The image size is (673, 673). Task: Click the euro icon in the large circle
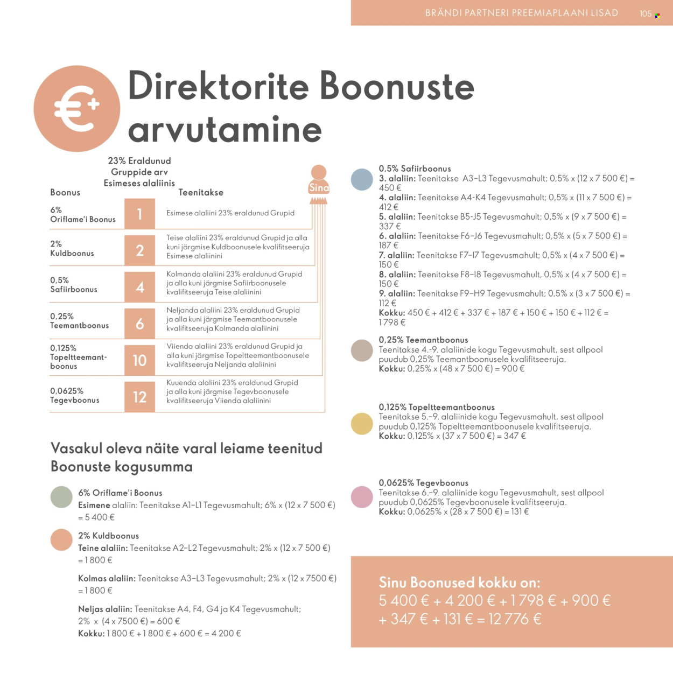(76, 109)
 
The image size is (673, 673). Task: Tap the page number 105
(646, 13)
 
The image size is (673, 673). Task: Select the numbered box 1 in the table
(139, 214)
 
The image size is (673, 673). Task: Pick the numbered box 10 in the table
(139, 360)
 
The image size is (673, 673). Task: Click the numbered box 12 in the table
(139, 397)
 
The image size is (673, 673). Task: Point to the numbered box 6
(139, 324)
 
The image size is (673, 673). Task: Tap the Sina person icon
(319, 180)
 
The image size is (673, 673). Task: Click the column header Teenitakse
(201, 192)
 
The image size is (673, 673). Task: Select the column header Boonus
(65, 192)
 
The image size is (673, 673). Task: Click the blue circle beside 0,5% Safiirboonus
(362, 179)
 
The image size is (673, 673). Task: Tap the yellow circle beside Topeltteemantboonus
(362, 424)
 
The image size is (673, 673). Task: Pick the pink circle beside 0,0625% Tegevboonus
(362, 497)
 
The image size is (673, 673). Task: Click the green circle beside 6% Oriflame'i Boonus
(61, 497)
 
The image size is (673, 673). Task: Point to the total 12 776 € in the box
(515, 619)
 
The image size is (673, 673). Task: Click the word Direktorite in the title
(218, 86)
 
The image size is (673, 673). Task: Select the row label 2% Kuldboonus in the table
(72, 248)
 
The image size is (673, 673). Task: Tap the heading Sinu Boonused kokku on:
(459, 582)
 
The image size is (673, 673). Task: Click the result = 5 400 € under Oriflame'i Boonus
(96, 517)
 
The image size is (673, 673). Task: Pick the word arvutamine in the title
(225, 130)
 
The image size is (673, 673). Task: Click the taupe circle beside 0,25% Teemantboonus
(362, 350)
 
